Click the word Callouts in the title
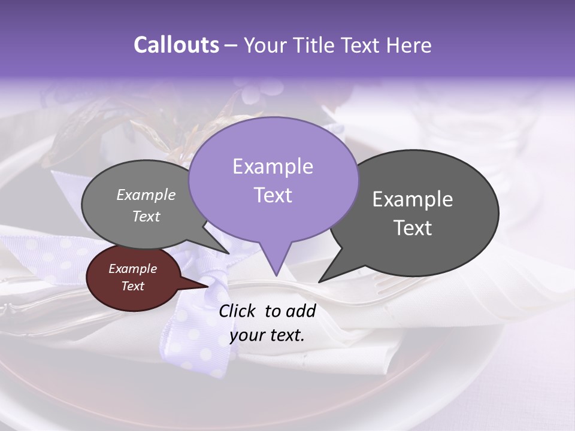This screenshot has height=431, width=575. pos(176,45)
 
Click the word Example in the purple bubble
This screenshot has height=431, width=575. pos(273,166)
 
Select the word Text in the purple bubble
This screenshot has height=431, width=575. pos(273,195)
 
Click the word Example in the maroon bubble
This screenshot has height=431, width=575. pos(133,269)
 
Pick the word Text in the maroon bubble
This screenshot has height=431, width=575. pos(133,286)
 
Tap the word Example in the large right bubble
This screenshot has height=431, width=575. pos(413,199)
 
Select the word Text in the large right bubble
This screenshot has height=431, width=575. pos(413,228)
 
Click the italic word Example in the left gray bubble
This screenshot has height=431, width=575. pos(146,195)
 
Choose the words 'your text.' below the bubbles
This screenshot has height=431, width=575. pos(267,335)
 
